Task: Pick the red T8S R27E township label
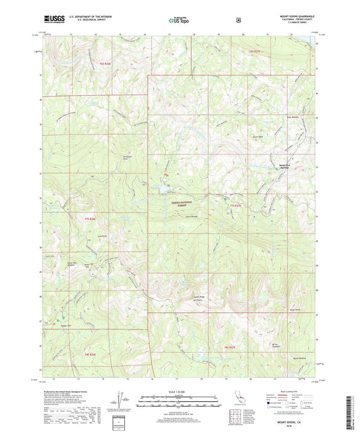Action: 230,347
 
